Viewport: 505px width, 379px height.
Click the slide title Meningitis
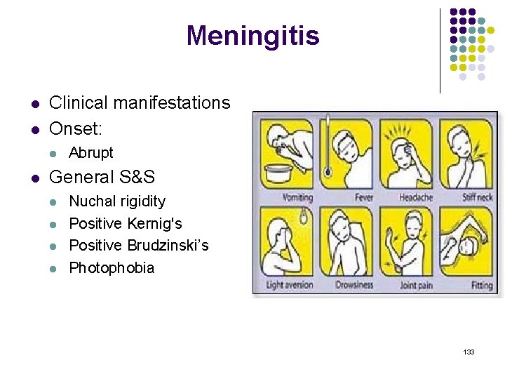click(x=252, y=36)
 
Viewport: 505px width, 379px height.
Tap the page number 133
click(x=469, y=352)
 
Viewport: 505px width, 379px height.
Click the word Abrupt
click(x=90, y=153)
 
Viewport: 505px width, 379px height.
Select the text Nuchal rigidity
click(x=117, y=201)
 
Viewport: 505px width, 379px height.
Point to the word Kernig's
click(x=154, y=224)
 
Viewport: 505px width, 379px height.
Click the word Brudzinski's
click(x=168, y=246)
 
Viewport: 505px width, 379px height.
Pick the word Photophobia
click(x=112, y=268)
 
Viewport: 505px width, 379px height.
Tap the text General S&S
click(x=102, y=178)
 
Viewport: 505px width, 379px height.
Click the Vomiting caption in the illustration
click(x=297, y=198)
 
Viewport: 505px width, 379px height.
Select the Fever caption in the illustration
click(x=364, y=198)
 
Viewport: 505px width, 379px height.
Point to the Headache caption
click(x=416, y=198)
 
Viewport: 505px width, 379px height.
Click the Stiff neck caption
click(x=477, y=198)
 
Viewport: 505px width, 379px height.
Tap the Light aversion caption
click(x=290, y=286)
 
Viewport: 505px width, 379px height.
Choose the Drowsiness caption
click(x=354, y=286)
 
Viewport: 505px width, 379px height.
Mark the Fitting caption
click(x=482, y=286)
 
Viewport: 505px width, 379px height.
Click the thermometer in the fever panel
click(x=327, y=144)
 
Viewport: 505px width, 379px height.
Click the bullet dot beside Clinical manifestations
click(x=34, y=104)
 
